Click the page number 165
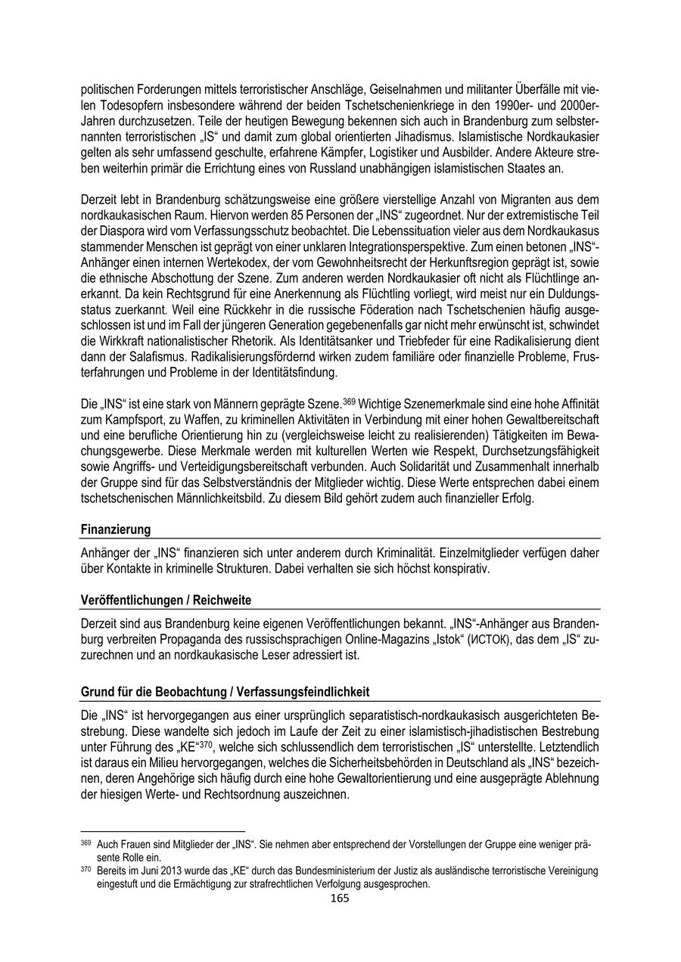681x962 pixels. point(340,898)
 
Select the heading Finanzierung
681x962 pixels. point(116,529)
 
